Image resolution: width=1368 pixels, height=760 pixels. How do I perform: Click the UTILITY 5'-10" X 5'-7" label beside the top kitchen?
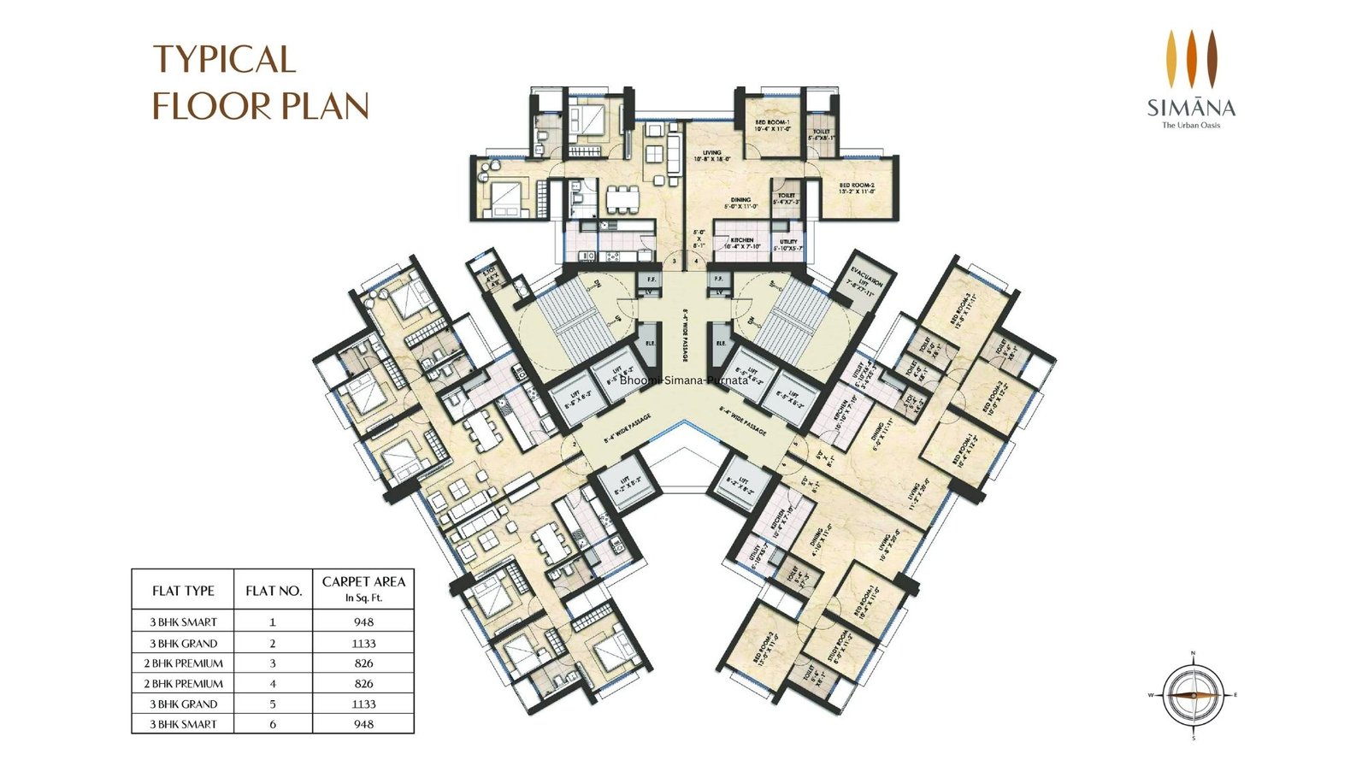click(787, 245)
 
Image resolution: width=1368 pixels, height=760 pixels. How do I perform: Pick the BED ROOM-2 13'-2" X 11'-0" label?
click(856, 189)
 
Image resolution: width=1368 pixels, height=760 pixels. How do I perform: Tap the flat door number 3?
click(675, 261)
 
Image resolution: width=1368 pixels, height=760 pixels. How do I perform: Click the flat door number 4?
click(697, 261)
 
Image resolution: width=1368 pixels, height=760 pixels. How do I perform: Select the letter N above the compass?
click(1193, 654)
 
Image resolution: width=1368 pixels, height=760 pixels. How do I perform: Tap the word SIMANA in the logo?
click(1191, 108)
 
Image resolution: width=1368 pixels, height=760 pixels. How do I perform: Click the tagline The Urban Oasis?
click(1191, 126)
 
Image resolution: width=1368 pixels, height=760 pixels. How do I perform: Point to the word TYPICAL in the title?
click(224, 60)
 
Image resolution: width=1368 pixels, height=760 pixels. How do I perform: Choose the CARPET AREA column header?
click(363, 588)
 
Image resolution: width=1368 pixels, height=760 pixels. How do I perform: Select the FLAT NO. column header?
click(274, 591)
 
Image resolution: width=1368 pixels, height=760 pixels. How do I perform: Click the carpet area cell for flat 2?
click(363, 643)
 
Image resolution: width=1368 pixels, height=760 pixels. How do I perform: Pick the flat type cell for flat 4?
click(183, 684)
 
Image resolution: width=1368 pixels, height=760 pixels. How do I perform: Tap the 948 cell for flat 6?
click(363, 724)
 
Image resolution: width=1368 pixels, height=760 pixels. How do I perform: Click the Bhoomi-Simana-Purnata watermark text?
click(684, 380)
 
